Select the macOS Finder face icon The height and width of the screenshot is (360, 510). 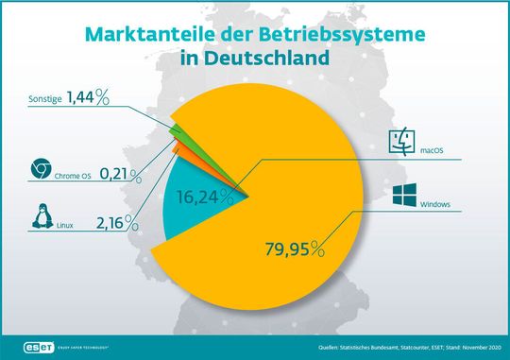[x=403, y=144]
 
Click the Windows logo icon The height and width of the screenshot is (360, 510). [x=404, y=197]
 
